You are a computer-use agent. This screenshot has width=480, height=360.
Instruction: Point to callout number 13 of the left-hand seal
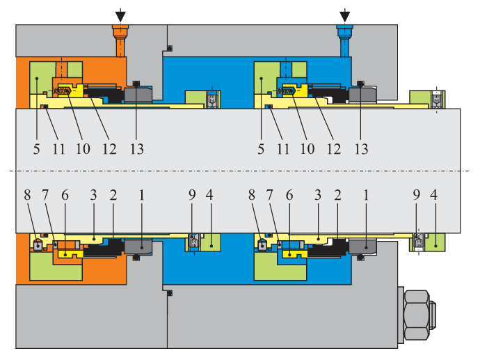(x=136, y=148)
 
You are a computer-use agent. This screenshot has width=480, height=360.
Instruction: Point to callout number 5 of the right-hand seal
(x=261, y=148)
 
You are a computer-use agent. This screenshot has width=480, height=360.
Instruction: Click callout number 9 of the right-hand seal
(x=416, y=196)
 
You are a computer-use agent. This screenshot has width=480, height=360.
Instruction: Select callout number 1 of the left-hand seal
(x=142, y=196)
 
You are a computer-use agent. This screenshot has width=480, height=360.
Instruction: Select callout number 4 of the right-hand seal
(x=434, y=196)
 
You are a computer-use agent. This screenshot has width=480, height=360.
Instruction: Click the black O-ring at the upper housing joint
(x=170, y=48)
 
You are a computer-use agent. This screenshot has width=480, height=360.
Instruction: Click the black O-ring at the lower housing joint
(x=170, y=293)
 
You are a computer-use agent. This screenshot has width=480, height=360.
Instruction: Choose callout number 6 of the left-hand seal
(x=65, y=196)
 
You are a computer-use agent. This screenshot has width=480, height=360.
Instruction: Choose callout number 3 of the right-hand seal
(x=317, y=196)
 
